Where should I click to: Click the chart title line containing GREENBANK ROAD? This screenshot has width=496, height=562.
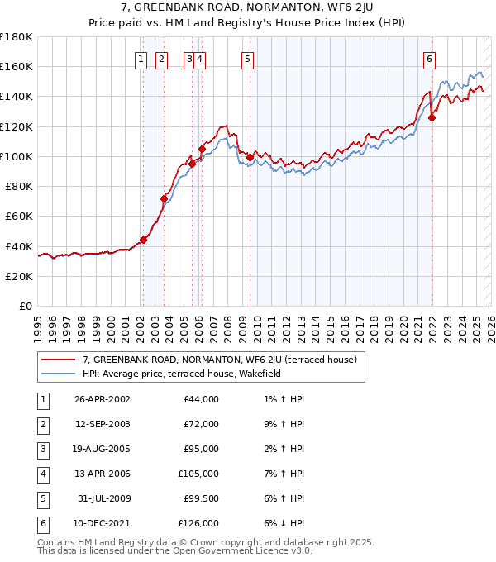tap(247, 8)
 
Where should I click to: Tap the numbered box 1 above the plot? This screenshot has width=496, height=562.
tap(141, 59)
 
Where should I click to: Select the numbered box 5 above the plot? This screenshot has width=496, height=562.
tap(248, 59)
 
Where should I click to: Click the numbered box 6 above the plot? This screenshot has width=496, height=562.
tap(430, 59)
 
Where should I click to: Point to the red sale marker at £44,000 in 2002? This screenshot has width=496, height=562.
tap(143, 240)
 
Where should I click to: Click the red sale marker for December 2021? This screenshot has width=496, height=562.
tap(432, 117)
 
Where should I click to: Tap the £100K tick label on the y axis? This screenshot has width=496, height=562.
tap(17, 156)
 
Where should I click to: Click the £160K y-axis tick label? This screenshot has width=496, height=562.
tap(17, 66)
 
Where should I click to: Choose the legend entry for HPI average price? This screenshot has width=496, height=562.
tap(182, 374)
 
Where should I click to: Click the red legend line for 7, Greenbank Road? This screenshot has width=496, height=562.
tap(58, 360)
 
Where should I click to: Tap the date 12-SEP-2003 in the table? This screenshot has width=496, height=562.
tap(102, 424)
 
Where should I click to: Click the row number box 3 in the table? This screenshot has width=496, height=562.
tap(41, 450)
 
